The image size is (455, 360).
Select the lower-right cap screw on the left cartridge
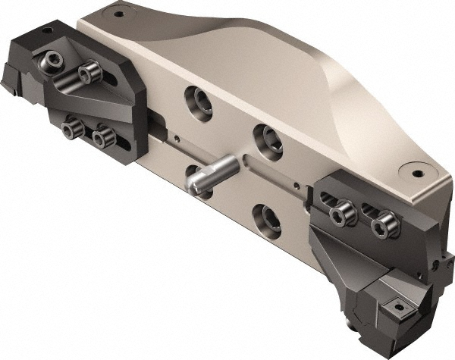tap(102, 137)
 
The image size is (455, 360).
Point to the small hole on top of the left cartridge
tap(47, 30)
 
